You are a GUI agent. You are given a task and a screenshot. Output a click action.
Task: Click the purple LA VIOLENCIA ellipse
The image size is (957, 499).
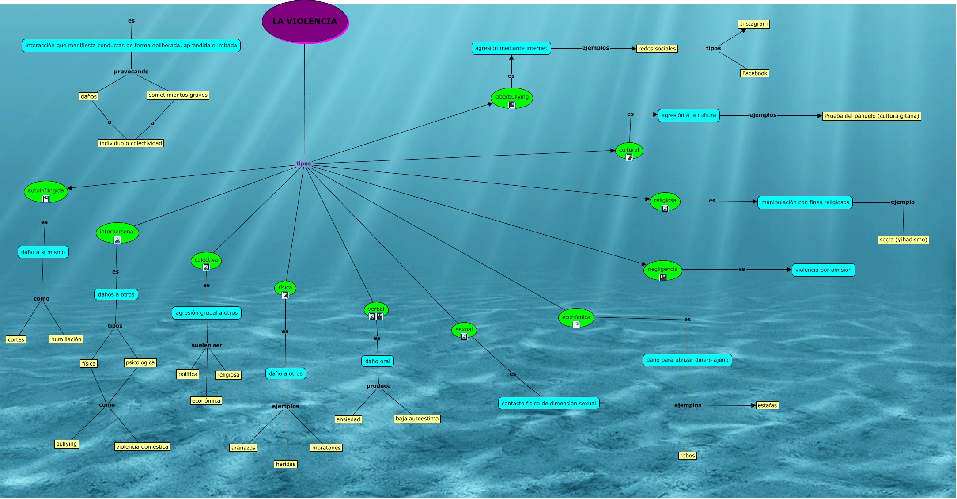pos(305,21)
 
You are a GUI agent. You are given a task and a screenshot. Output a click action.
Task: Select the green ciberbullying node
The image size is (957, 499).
pos(511,98)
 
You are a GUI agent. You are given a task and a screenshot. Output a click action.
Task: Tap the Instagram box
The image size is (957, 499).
pos(753,24)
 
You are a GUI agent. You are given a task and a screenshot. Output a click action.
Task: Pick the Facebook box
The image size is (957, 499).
pos(754,73)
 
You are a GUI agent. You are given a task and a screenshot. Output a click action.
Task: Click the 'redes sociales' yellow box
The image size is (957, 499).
pos(657,49)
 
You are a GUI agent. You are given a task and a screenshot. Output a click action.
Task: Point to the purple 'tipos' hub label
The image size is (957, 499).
pos(303,164)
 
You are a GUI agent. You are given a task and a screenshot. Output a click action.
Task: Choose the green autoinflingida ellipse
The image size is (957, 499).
pos(45,191)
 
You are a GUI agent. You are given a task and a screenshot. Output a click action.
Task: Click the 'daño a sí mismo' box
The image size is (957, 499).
pos(43,252)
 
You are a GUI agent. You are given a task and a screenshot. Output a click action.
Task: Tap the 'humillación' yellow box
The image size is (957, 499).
pos(66,339)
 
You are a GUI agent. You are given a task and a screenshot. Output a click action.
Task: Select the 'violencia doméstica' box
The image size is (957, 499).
pos(142,447)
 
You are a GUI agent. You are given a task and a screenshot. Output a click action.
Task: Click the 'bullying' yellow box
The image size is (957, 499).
pos(66,444)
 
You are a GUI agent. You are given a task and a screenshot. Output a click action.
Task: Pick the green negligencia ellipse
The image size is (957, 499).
pos(662,270)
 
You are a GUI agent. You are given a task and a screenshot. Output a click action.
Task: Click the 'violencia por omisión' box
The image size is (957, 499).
pos(823,270)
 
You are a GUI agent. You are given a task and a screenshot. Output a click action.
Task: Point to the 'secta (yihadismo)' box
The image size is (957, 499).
pos(903,240)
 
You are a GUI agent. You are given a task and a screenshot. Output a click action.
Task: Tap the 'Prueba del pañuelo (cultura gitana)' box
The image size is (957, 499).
pos(871,116)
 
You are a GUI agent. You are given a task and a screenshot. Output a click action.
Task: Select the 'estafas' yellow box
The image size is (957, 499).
pos(767,405)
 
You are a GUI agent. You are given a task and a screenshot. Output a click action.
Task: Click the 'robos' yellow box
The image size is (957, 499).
pos(687,456)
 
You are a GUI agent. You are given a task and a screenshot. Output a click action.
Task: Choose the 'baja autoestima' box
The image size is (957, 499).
pos(417,419)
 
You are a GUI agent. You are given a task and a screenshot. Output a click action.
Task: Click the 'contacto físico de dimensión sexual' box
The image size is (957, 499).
pos(548,403)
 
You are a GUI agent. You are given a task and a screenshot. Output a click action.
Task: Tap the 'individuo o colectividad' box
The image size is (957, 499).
pos(131,143)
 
